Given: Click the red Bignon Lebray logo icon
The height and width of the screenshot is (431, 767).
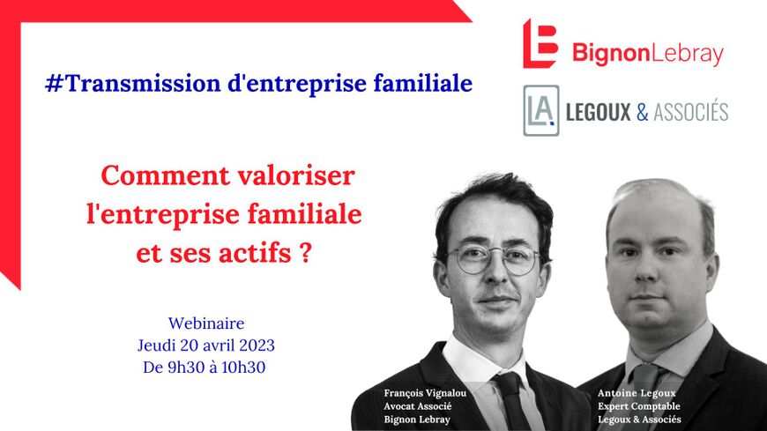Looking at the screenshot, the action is pos(540,43).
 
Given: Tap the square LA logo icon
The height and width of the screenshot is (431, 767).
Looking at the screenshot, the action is pos(541,110).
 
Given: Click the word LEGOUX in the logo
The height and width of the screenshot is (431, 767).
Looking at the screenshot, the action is pos(599,112).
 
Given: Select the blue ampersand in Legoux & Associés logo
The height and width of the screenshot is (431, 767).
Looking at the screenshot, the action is pos(643,113).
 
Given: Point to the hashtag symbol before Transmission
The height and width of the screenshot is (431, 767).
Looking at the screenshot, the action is pos(55,84).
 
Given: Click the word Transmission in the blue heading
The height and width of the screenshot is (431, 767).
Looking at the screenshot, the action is pos(143,83).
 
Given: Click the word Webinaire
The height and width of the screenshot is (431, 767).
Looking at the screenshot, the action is pos(206,323).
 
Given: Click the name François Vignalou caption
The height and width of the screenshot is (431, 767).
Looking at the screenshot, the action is pos(425,393).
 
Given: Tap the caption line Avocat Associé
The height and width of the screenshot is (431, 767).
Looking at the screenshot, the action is pos(418,406).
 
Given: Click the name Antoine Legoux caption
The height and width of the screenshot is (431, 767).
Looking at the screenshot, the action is pos(637,393).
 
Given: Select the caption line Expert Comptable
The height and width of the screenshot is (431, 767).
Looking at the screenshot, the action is pos(639,406).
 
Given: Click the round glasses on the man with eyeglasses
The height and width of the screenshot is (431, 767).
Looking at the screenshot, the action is pos(495,259).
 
